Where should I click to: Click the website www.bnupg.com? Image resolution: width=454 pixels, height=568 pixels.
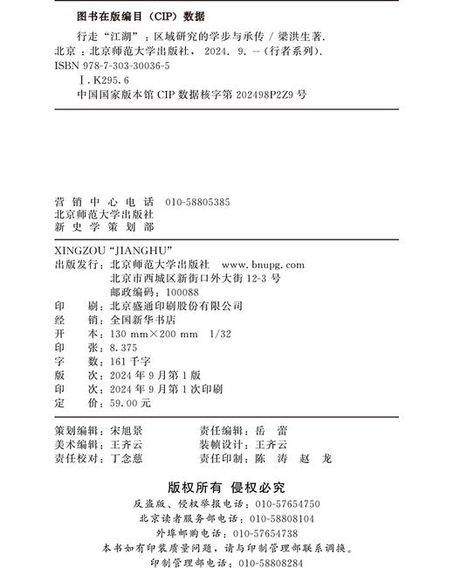264,264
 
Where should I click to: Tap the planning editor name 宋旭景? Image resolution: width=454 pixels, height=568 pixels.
126,431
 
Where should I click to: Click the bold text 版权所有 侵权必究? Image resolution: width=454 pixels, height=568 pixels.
226,487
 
